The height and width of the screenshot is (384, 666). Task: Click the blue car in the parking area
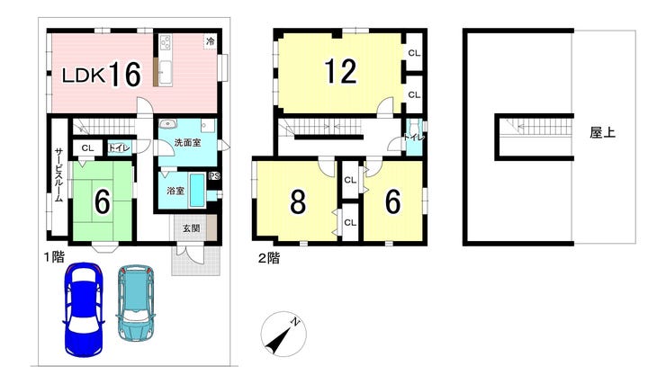click(84, 309)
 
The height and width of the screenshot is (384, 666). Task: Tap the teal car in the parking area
click(136, 303)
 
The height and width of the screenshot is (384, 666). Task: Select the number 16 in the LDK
click(125, 75)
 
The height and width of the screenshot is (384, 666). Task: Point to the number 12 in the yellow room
click(340, 71)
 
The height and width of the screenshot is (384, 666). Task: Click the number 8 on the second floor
click(298, 201)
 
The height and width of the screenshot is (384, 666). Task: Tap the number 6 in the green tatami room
click(103, 201)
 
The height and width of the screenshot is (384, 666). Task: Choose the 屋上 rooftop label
click(602, 133)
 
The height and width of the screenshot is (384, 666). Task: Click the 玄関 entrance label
click(192, 228)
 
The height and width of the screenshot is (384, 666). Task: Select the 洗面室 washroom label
click(187, 143)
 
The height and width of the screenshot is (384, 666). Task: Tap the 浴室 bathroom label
click(175, 191)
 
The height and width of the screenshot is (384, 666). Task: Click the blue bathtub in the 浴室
click(197, 190)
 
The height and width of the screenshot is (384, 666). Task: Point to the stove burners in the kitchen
click(166, 43)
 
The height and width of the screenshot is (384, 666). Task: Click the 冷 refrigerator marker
click(211, 41)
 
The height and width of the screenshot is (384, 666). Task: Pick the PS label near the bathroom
click(214, 175)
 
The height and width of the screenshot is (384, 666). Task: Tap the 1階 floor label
click(55, 256)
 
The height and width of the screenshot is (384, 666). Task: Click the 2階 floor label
click(269, 258)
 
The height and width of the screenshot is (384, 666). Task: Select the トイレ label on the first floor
click(120, 148)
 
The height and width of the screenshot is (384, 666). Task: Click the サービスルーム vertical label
click(59, 174)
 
